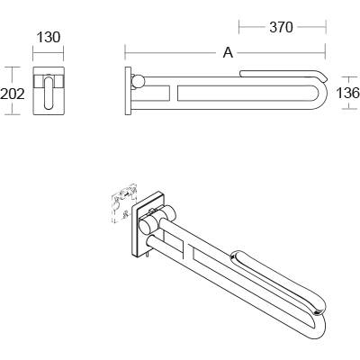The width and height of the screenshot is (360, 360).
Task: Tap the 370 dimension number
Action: (x=281, y=27)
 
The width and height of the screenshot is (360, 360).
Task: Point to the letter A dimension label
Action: (x=228, y=53)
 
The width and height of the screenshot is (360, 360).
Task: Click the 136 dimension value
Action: (x=347, y=93)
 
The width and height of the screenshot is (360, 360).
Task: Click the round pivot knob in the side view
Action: (x=137, y=83)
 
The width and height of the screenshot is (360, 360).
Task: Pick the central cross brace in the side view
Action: (x=175, y=92)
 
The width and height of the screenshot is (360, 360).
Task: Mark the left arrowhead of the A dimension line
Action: (x=127, y=53)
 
